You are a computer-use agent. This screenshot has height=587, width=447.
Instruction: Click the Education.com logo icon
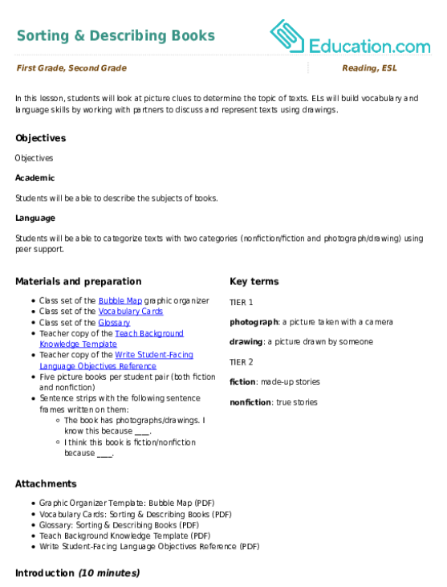287,36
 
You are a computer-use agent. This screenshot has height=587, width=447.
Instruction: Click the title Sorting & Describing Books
116,36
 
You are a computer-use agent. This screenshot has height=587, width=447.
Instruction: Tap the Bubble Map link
120,300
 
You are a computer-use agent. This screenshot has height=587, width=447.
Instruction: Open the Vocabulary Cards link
131,312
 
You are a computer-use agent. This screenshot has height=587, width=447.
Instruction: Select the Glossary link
114,323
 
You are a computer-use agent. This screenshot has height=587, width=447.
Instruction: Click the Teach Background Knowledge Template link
112,339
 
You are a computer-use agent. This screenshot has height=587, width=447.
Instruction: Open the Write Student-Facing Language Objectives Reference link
116,360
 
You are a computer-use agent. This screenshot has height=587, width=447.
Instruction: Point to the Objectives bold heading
40,138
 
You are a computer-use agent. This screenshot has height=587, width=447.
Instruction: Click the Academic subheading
35,177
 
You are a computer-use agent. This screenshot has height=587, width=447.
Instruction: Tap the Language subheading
35,218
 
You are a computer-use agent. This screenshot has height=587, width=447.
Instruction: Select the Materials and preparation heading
79,282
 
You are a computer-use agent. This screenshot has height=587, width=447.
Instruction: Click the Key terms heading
254,282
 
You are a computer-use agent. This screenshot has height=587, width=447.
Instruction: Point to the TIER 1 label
242,303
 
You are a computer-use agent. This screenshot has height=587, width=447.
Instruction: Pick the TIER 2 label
242,362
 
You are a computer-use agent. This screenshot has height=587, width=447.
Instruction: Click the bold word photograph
254,322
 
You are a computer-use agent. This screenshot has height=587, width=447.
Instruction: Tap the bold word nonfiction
250,402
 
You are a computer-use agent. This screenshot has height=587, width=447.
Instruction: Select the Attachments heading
46,483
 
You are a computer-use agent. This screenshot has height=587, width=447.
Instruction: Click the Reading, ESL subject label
369,68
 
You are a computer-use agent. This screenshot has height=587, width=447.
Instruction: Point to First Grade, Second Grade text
71,68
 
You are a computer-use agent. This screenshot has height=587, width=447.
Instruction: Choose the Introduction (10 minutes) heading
77,573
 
